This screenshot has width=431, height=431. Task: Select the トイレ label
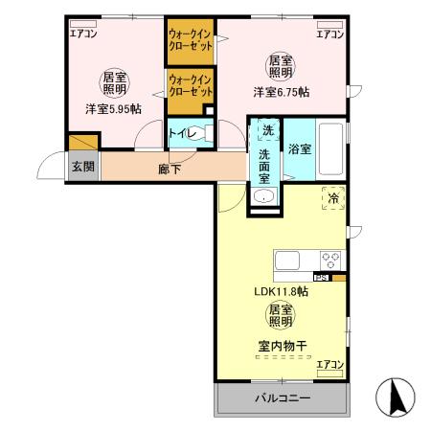coord(181,135)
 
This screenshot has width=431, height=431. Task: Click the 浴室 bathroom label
coord(299,148)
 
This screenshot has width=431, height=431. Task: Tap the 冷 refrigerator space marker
coord(332,197)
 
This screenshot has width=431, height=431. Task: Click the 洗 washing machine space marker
coord(267,130)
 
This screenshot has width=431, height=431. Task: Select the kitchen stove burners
coord(331,259)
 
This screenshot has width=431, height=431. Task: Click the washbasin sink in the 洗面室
coord(265,196)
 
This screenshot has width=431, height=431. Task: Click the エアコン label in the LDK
coord(330,364)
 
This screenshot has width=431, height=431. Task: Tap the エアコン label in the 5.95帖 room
coord(83,34)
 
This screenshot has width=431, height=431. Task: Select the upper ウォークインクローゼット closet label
coord(190,41)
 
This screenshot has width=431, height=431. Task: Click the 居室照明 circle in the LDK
coord(281,315)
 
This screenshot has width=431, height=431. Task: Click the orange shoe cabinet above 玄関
coord(80,144)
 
